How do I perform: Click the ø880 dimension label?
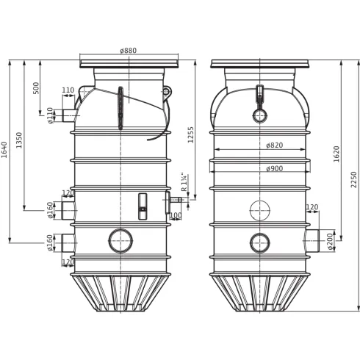(x=128, y=51)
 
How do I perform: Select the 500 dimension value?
(x=37, y=87)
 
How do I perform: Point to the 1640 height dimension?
(x=4, y=149)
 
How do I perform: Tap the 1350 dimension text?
(x=19, y=140)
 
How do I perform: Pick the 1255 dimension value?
(x=191, y=134)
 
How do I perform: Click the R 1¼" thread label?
(x=184, y=183)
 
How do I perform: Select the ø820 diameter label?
(x=274, y=145)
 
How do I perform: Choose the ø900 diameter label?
(x=274, y=169)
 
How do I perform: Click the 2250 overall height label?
(x=353, y=179)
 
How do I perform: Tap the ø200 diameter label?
(x=330, y=241)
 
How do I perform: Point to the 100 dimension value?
(x=175, y=216)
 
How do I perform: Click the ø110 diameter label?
(x=51, y=115)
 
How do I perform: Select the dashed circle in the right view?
(x=259, y=211)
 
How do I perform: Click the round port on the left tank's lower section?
(x=120, y=240)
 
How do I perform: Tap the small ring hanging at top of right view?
(x=259, y=115)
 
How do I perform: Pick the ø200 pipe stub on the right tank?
(x=312, y=240)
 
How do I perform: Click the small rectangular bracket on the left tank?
(x=143, y=206)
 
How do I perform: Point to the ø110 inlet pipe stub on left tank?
(x=69, y=115)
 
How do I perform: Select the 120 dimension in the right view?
(x=312, y=207)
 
